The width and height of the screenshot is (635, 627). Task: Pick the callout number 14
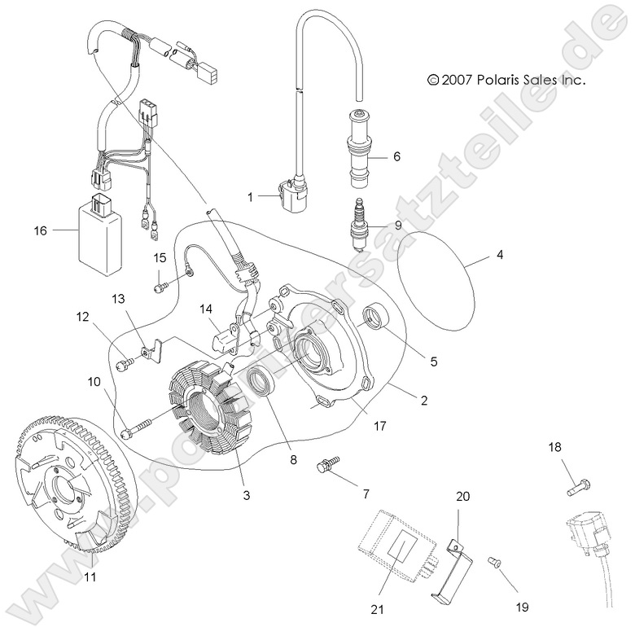pyautogui.click(x=208, y=309)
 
